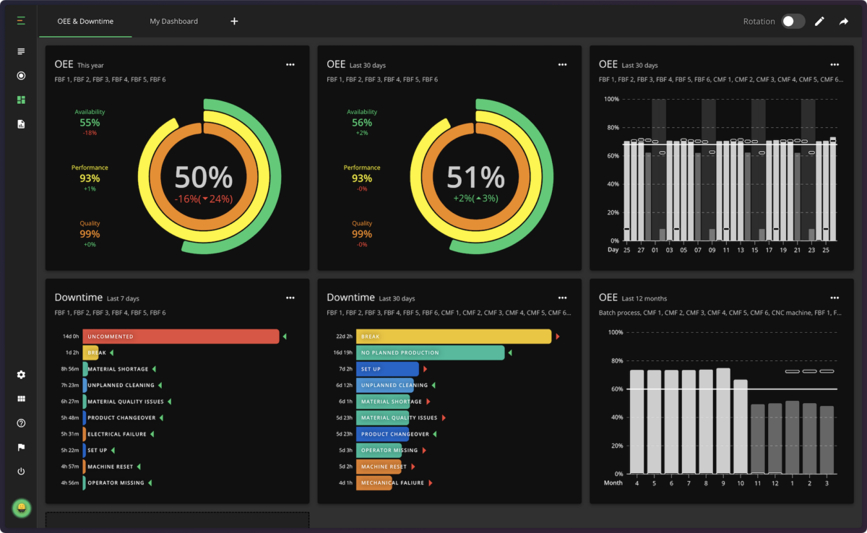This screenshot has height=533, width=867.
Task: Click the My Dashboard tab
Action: [x=173, y=21]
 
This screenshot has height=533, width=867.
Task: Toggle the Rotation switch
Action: [x=793, y=22]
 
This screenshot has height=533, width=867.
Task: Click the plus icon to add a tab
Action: [x=234, y=21]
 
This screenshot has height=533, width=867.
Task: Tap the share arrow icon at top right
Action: [x=843, y=22]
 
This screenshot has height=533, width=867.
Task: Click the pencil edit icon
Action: [x=819, y=22]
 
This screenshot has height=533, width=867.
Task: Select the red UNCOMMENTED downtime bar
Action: [x=181, y=337]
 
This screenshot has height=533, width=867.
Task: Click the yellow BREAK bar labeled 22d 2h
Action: [x=454, y=337]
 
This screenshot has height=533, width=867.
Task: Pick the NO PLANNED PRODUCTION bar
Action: [x=430, y=352]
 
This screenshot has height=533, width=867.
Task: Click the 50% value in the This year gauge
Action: [x=204, y=178]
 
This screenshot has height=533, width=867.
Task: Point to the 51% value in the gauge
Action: [x=475, y=178]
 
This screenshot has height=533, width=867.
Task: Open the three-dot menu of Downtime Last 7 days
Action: [x=290, y=298]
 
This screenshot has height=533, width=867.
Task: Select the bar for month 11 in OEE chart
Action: [x=758, y=438]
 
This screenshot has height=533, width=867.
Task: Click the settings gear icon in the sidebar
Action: [x=21, y=375]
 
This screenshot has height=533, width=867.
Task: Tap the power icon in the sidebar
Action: [x=21, y=472]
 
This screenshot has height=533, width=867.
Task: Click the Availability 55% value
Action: [x=90, y=123]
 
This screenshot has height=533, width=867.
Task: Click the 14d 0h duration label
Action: [x=71, y=337]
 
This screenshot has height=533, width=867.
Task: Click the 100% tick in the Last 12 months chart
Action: [x=614, y=332]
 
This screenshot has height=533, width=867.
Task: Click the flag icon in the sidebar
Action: [x=21, y=447]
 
